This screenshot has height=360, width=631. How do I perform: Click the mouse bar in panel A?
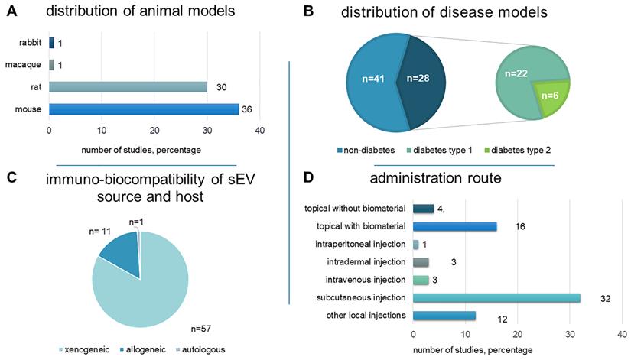144,109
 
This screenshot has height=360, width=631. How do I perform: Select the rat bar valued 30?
128,87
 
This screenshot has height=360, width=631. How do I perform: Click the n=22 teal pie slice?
520,76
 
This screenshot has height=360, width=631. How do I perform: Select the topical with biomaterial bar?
455,226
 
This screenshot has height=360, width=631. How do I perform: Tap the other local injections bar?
444,316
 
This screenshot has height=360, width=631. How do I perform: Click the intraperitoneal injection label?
361,245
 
